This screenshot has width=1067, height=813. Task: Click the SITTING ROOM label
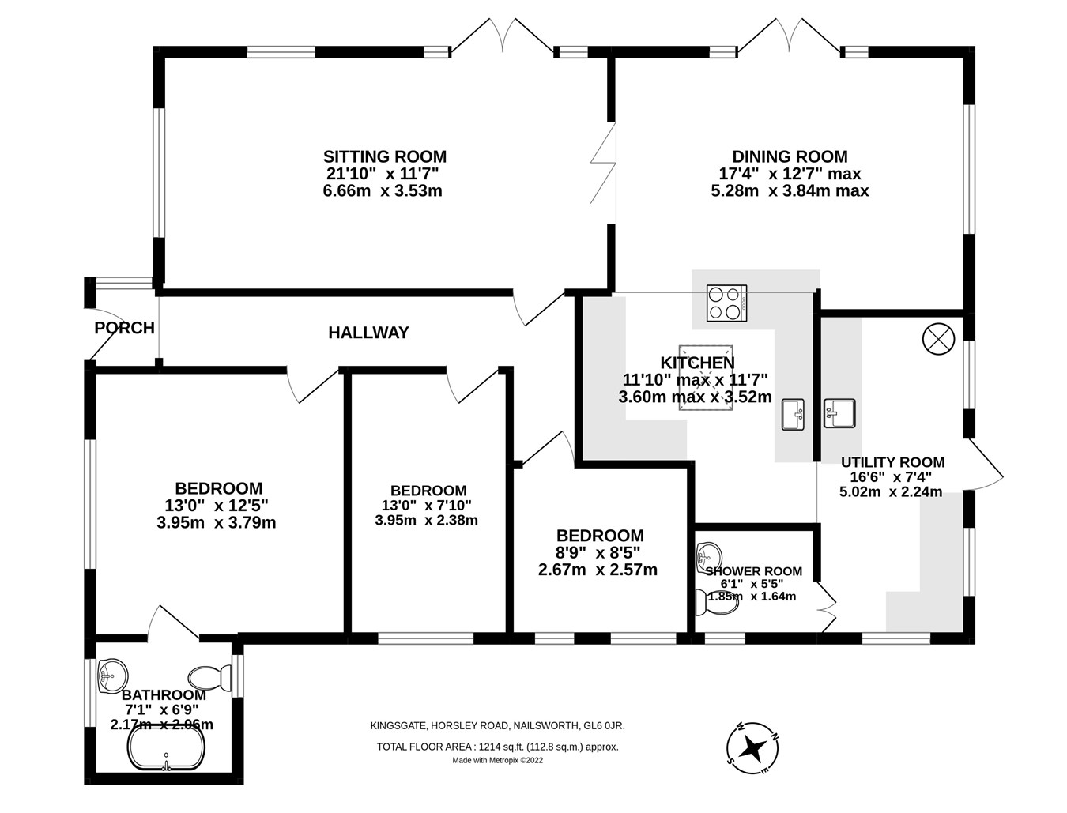coord(384,156)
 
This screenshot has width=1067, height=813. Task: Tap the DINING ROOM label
coord(789,156)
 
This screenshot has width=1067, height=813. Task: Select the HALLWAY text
coord(368,333)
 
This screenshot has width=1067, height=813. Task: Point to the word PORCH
coord(124,328)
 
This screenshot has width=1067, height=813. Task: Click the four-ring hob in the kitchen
coord(726,303)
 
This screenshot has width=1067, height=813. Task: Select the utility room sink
coord(839,412)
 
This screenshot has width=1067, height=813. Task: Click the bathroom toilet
coord(209,677)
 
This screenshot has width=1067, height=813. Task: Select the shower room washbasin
coord(709,556)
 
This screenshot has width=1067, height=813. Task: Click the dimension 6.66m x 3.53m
coord(383,190)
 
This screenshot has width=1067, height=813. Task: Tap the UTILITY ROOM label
coord(892,462)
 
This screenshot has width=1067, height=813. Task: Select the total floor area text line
coord(497,747)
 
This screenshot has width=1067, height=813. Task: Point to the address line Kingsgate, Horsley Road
coord(497,725)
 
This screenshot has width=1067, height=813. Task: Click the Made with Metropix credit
coord(497,761)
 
